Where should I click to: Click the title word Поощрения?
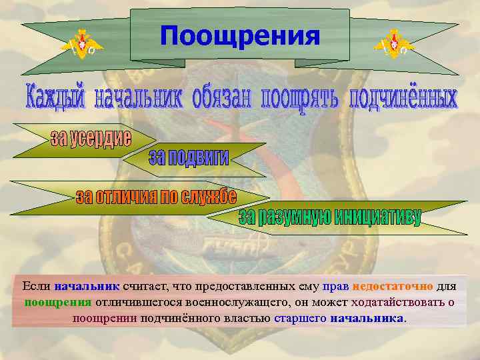pos(239,37)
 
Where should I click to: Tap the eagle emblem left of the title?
pos(82,45)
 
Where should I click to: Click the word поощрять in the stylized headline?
pos(299,99)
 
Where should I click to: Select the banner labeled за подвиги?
pos(189,157)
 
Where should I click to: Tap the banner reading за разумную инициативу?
pos(330,217)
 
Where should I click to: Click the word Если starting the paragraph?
pos(37,286)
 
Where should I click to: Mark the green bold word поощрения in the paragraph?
pos(58,302)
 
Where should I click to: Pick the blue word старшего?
pos(300,318)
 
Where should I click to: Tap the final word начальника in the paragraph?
pos(367,318)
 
